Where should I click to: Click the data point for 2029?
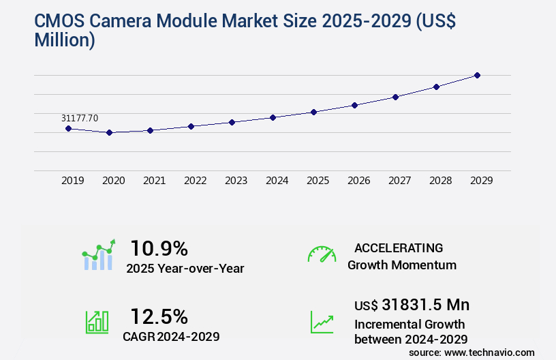[477, 75]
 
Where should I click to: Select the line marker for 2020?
[109, 132]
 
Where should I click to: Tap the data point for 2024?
[273, 117]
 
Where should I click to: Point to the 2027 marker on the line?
[395, 97]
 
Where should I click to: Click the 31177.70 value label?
[79, 118]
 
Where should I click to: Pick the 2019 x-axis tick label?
[73, 181]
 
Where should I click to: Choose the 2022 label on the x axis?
[196, 181]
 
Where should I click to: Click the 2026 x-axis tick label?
[359, 181]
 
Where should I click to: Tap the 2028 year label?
[441, 181]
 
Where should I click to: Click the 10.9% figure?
[159, 247]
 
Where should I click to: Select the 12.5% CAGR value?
[159, 316]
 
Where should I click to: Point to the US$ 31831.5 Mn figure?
[412, 305]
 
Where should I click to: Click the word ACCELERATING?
[399, 247]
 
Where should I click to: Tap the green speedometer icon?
[322, 254]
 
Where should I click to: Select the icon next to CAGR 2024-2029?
[97, 322]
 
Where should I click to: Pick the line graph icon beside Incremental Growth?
[322, 322]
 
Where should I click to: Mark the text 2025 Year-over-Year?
[185, 268]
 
